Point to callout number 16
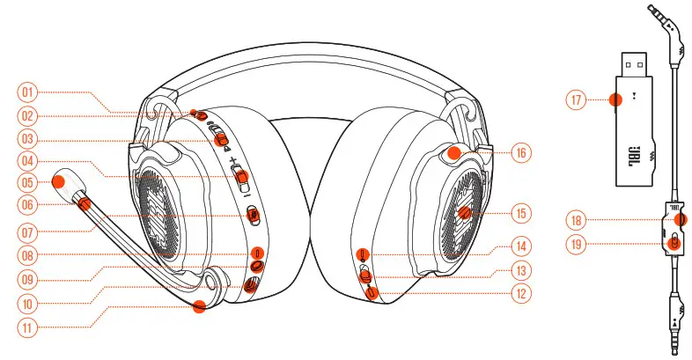click(x=521, y=151)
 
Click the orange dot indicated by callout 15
click(x=467, y=213)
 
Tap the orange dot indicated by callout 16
click(x=454, y=151)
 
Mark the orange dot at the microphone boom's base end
click(x=200, y=305)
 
